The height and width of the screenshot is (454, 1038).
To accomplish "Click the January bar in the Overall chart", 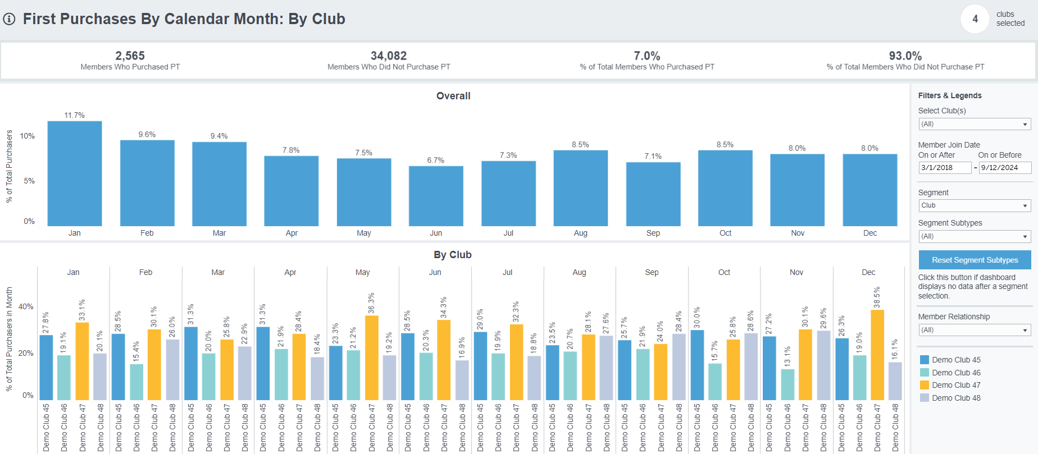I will coord(75,174).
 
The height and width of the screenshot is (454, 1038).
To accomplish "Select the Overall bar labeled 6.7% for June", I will coord(436,196).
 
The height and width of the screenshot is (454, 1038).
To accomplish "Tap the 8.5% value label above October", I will coord(725,145).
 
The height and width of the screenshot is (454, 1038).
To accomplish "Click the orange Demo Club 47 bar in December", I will coord(877,355).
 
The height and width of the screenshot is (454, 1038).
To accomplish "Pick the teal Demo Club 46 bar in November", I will coord(787,384).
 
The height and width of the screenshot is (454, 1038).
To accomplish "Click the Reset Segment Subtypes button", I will coord(975,260).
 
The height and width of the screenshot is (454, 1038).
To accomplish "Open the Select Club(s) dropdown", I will coord(975,124).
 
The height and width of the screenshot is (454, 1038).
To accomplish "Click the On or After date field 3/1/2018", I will coord(944,168).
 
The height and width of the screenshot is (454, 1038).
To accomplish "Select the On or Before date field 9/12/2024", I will coord(1004,168).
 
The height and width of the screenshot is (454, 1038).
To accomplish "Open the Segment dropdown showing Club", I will coord(975,206).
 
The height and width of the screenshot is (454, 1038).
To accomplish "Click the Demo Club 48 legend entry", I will coord(956,398).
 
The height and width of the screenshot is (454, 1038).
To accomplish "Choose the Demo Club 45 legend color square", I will coord(924,360).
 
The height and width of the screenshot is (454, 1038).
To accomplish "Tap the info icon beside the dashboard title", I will coord(9,19).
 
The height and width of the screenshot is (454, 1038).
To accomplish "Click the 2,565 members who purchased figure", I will coord(130,56).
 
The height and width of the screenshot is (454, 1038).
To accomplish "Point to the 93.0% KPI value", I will coord(905,56).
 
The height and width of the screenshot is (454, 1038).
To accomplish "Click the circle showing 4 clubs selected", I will coord(975,19).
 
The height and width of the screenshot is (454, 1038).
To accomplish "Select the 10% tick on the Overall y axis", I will coord(27,136).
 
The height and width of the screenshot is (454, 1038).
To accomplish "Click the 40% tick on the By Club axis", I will coord(26,307).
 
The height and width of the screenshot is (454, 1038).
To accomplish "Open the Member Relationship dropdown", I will coord(975,330).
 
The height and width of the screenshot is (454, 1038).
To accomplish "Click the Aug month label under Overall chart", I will coord(581,233).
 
